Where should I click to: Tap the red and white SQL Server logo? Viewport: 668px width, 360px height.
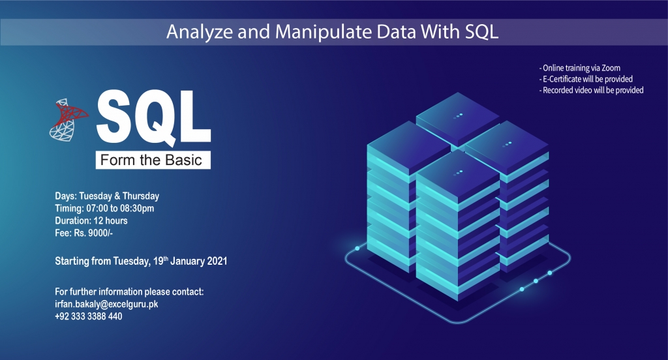[x=68, y=120]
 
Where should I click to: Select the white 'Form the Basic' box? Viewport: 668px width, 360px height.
[x=153, y=160]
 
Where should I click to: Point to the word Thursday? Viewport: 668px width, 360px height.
[x=141, y=196]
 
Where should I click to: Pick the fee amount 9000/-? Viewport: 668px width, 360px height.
[x=100, y=233]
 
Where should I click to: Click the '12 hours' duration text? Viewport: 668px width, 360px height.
[x=110, y=220]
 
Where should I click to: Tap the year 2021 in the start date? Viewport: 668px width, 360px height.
[x=217, y=261]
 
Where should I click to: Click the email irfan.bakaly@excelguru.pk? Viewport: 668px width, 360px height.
[x=106, y=304]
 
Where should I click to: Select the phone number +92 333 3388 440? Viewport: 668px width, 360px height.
[x=89, y=316]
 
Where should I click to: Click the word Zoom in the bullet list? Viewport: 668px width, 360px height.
[x=611, y=68]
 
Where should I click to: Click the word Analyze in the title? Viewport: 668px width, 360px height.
[x=200, y=33]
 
